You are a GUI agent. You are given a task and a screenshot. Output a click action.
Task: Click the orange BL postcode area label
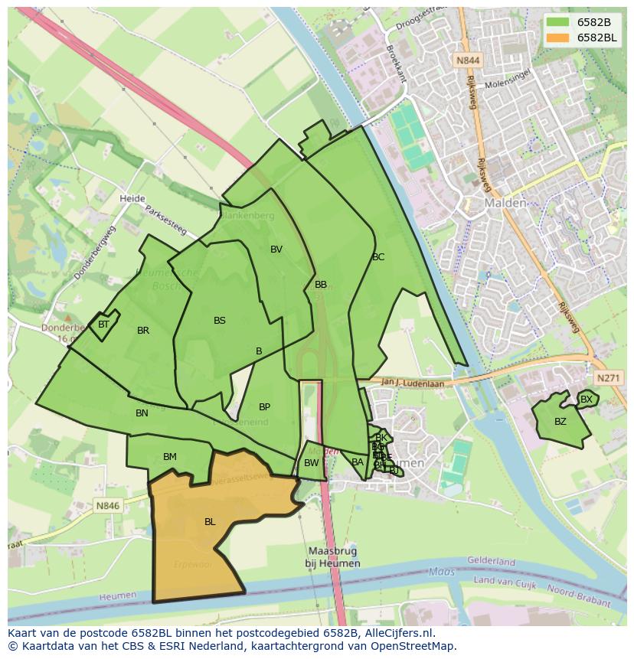coord(210,522)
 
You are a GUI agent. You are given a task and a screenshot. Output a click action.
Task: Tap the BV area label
coord(276,250)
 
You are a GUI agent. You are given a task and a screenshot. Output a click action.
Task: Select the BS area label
coord(220,321)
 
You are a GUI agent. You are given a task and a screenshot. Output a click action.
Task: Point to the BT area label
coord(104,325)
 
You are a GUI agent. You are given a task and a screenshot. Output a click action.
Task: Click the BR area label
coord(143,331)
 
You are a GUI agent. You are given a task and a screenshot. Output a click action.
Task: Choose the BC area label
coord(378,257)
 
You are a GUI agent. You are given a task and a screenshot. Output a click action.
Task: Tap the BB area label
coord(321,285)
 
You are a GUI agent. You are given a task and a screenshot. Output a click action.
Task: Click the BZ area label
coord(560,422)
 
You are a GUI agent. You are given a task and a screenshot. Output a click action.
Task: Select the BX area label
coord(587,400)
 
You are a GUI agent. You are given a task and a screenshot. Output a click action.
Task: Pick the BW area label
coord(311,463)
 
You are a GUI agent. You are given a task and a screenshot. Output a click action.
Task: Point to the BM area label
coord(170,457)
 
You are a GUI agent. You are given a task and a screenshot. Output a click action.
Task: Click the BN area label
coord(142,413)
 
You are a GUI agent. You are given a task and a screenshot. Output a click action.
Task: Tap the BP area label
coord(264,407)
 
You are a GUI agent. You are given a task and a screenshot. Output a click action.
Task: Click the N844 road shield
coord(467,60)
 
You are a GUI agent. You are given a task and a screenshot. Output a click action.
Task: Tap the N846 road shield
coord(108,506)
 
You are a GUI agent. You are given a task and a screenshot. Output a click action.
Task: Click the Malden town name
coord(505,204)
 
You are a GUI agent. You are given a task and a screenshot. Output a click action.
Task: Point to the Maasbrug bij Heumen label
coord(334,557)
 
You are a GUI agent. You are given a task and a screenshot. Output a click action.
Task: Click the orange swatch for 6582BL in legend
coord(558,38)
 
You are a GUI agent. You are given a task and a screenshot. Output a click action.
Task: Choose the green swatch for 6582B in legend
coord(558,22)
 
